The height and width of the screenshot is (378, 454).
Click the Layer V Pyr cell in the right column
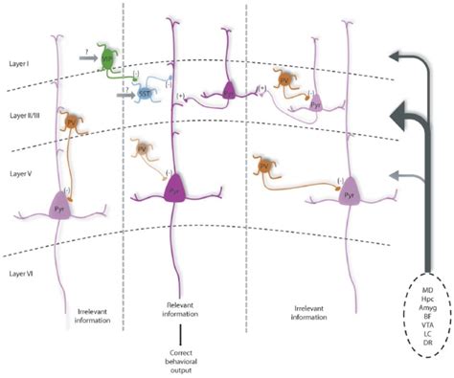pyautogui.click(x=349, y=189)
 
